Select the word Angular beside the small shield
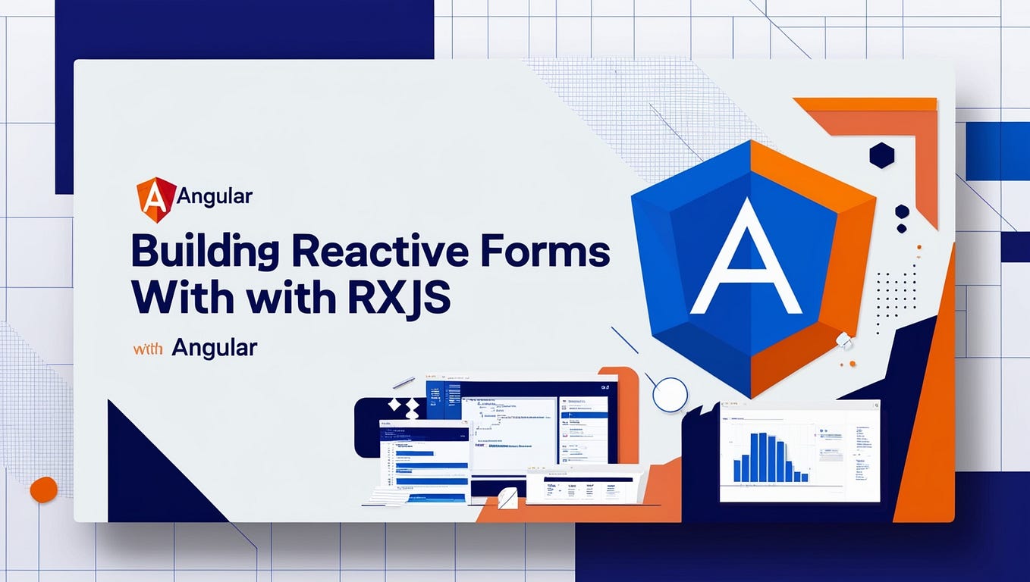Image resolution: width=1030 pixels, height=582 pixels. coord(215,197)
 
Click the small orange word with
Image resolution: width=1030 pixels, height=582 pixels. coord(149,349)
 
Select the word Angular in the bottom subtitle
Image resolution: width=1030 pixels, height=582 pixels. coord(215,348)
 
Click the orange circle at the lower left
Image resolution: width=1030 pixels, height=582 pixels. coord(43,490)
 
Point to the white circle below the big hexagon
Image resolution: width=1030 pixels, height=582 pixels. coord(670,394)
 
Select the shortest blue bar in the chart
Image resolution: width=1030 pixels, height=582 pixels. coord(805,477)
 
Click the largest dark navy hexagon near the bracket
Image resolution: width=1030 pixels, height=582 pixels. coord(881,155)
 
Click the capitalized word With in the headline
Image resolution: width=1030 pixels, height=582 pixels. coord(176,298)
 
